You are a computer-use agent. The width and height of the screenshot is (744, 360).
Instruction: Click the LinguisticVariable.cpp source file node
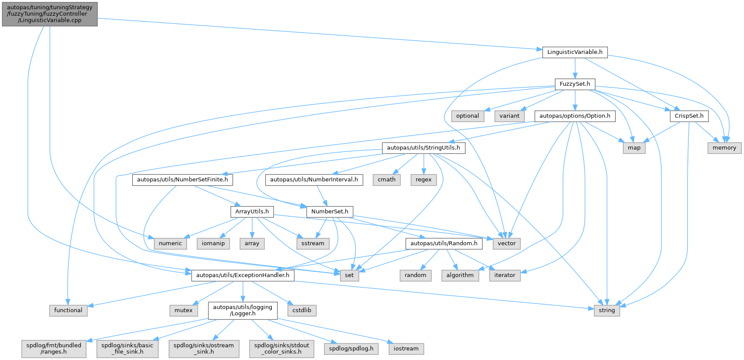50,14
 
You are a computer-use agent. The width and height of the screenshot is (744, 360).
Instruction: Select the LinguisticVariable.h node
575,52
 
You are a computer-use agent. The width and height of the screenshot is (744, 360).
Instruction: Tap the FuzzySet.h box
575,84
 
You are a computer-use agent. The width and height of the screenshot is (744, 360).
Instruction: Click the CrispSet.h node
689,116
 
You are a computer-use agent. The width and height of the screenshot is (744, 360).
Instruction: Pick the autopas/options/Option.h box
575,116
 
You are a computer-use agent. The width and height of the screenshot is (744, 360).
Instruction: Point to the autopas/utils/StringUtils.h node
424,148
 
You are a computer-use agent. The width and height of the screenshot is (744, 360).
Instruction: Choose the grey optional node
467,116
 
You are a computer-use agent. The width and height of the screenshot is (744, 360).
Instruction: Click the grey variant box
509,116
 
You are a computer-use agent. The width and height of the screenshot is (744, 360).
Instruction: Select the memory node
724,148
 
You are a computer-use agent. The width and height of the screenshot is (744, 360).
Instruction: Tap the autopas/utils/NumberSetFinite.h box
183,180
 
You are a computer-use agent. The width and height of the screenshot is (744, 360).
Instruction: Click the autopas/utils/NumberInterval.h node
314,180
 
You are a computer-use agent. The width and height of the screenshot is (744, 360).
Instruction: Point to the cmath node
387,180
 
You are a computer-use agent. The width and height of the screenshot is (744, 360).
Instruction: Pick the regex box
424,180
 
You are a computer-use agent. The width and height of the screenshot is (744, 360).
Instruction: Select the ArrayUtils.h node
252,212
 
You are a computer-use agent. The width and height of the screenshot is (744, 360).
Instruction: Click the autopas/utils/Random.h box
444,243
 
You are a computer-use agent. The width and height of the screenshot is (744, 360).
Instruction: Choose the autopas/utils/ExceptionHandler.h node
243,275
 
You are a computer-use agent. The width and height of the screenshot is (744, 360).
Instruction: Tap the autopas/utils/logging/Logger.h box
243,310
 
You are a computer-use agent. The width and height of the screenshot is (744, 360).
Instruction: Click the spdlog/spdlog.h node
351,349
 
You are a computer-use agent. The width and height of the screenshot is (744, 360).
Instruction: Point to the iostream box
406,349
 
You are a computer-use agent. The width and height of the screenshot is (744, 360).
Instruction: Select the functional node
68,310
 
